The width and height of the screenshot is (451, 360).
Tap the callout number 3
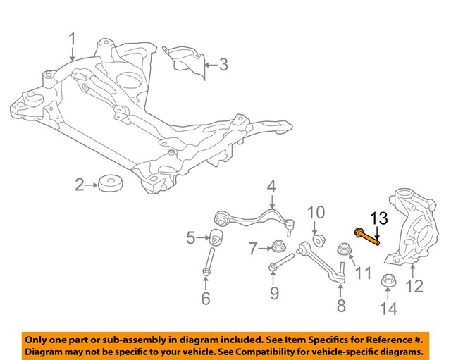pos(223,66)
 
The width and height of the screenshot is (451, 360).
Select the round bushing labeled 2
pos(109,185)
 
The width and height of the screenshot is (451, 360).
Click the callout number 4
pos(271,187)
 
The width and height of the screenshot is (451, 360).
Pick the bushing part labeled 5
pos(217,237)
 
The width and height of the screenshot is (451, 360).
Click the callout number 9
pos(274,292)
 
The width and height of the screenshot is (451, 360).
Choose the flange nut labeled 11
pos(345,249)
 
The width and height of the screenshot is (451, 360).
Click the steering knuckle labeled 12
pos(407,225)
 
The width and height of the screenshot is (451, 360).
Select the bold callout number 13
pos(378,218)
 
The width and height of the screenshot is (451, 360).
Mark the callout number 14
pos(388,308)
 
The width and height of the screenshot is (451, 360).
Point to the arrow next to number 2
pos(90,185)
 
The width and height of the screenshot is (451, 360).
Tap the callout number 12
pos(414,286)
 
